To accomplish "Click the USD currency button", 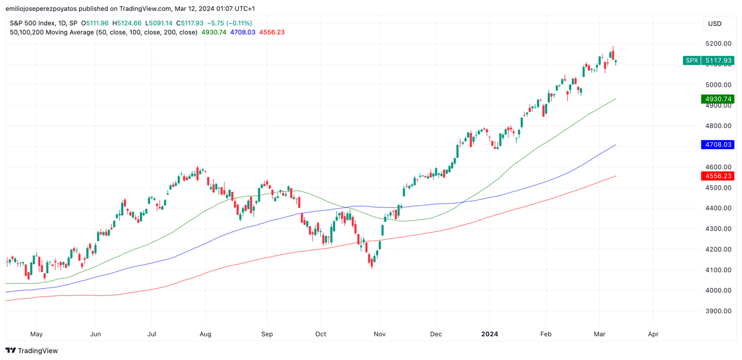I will click(x=715, y=23).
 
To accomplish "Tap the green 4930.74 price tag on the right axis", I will click(x=717, y=99).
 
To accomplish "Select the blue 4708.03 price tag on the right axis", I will click(x=717, y=145).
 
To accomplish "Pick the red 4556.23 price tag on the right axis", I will click(x=717, y=176).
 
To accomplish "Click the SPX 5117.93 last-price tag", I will click(x=708, y=60).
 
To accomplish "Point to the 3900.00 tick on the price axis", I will click(x=717, y=311).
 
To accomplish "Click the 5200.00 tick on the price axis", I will click(x=717, y=43).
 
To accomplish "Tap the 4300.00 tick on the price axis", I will click(x=717, y=229).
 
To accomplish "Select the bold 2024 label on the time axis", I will click(x=490, y=334).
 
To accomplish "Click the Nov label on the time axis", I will click(x=379, y=334).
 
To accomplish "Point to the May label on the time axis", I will click(x=36, y=334).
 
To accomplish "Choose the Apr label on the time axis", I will click(x=653, y=334).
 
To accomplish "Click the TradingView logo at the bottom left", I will click(x=32, y=350).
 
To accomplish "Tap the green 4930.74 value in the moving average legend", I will click(x=214, y=33).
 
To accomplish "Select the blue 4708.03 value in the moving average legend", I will click(x=243, y=33).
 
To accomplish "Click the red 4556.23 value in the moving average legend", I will click(x=272, y=33).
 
